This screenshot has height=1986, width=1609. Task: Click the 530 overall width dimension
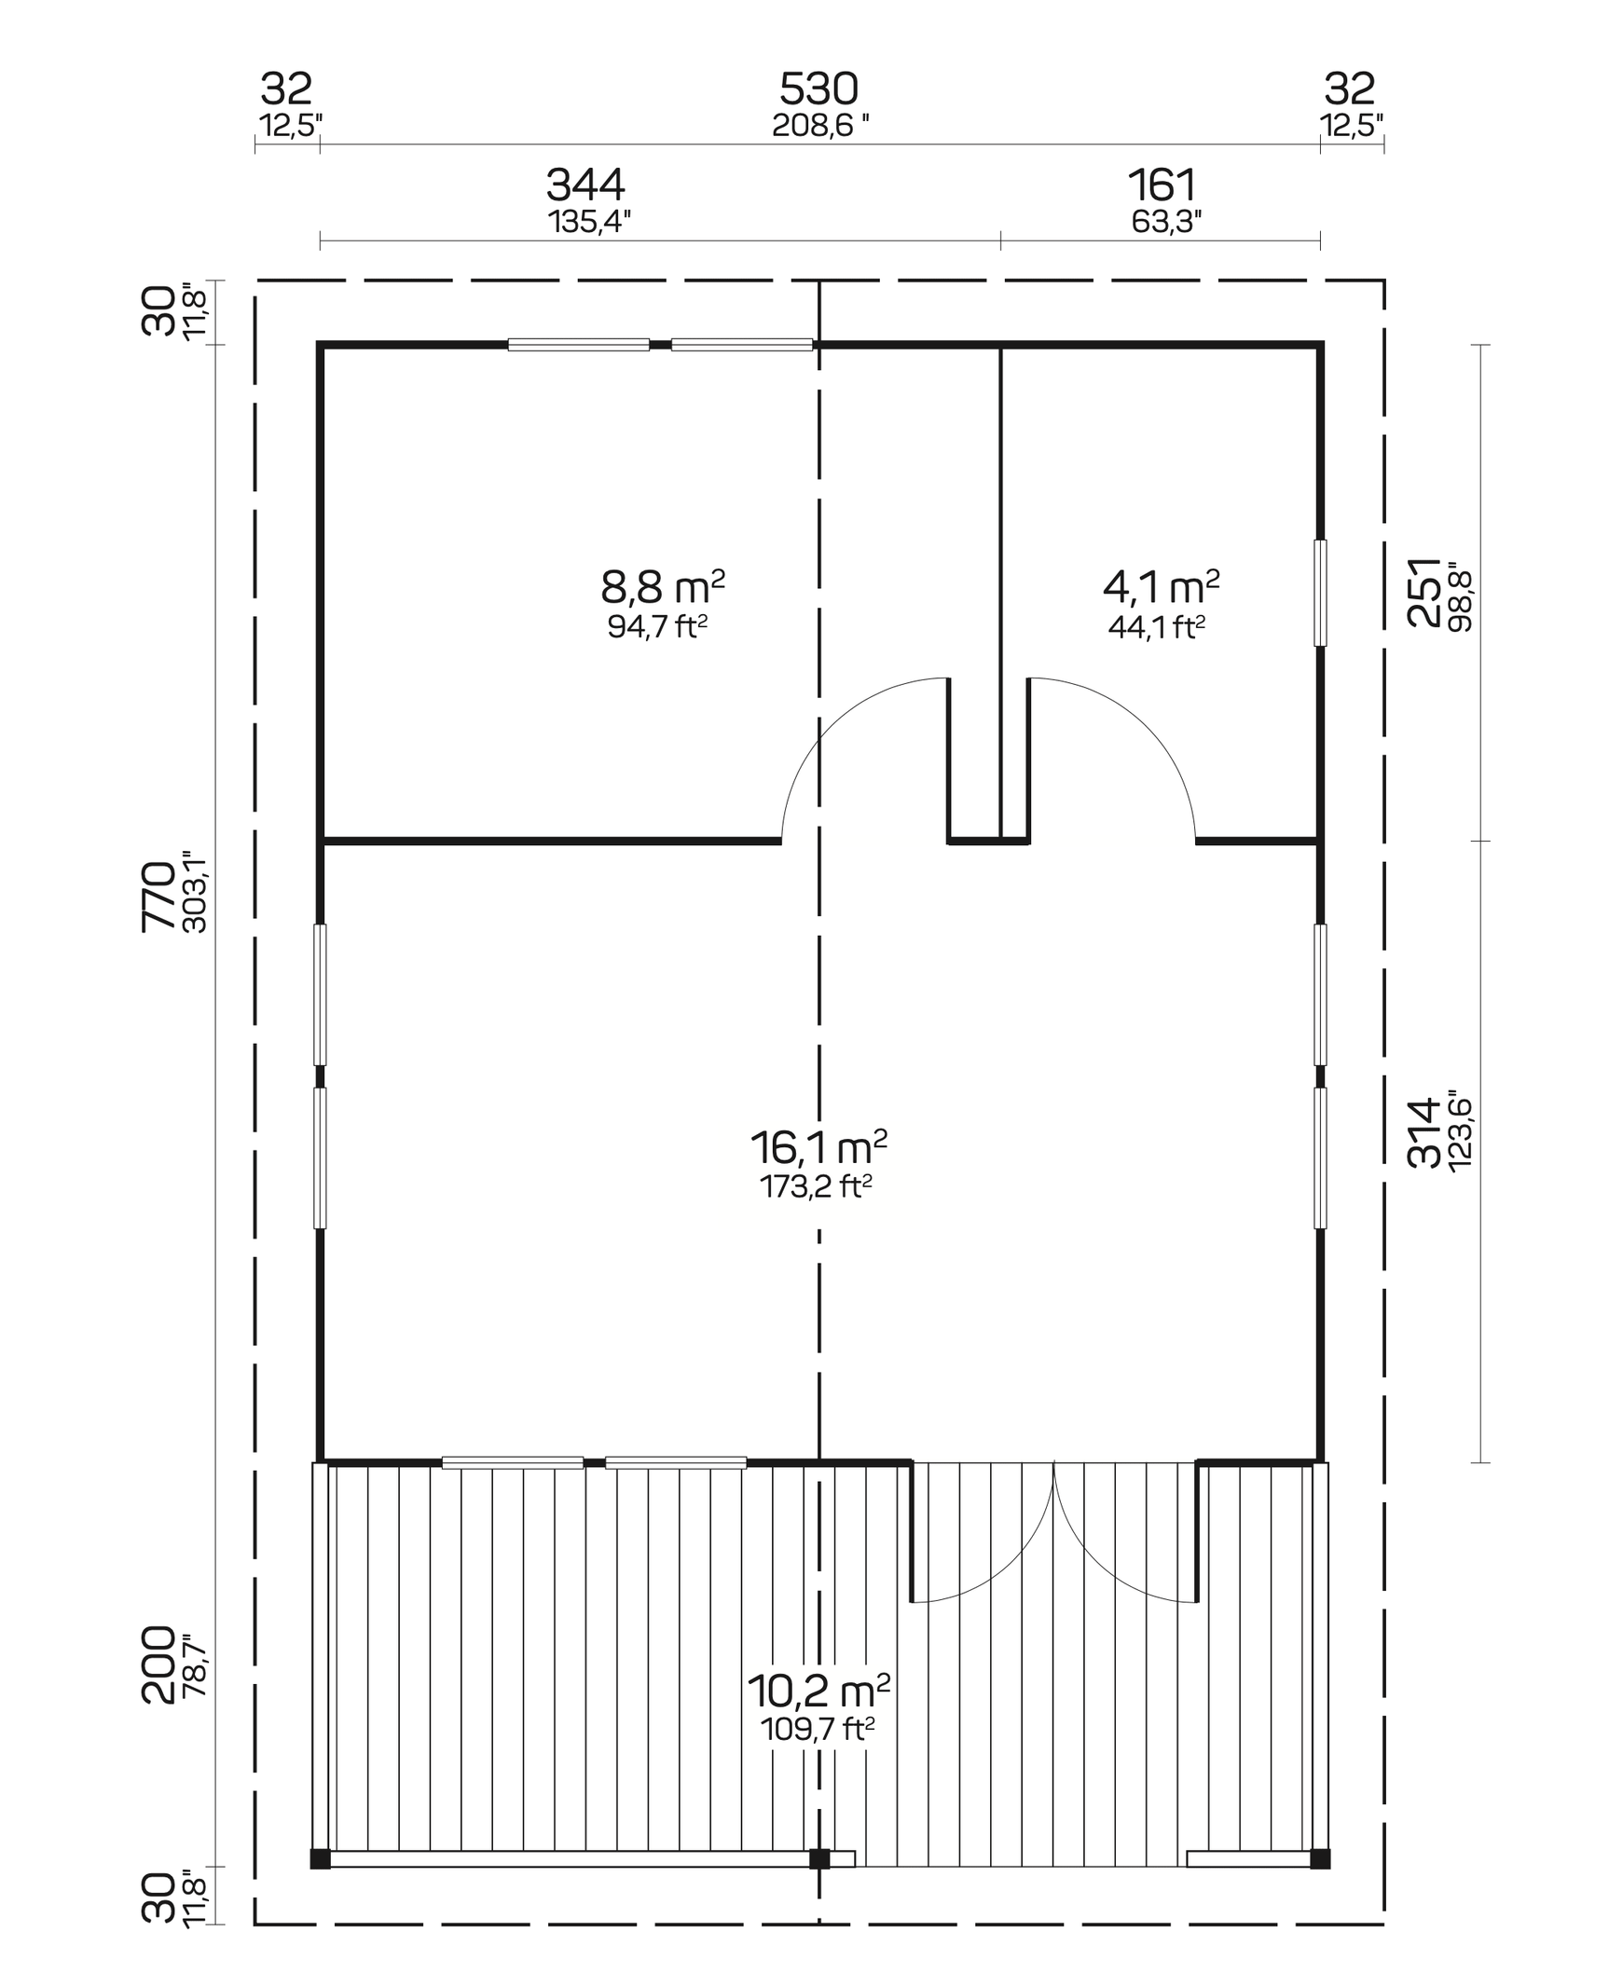point(818,90)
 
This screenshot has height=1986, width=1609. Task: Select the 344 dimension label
point(585,185)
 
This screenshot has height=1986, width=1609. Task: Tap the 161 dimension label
point(1162,185)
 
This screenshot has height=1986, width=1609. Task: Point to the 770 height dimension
point(158,896)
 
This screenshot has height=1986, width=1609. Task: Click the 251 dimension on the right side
point(1423,593)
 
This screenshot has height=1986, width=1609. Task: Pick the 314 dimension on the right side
point(1423,1133)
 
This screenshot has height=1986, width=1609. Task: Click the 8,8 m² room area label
point(662,588)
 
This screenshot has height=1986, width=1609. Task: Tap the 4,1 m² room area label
point(1161,587)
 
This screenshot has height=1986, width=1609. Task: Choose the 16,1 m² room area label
point(818,1148)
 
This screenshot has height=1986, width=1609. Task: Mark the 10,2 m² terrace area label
point(818,1689)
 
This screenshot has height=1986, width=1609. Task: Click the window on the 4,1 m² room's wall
point(1320,593)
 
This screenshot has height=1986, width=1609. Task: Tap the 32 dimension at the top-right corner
point(1349,90)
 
